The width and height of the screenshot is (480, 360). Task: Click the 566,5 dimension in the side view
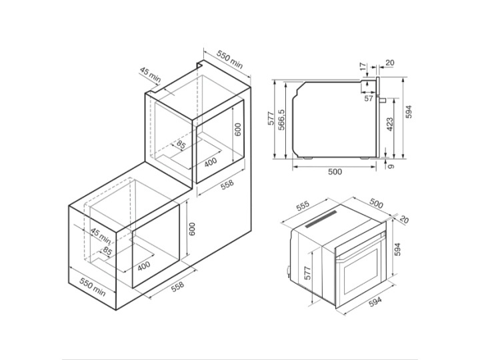(283, 120)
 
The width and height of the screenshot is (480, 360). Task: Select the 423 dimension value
(389, 123)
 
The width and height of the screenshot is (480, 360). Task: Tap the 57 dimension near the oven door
(369, 99)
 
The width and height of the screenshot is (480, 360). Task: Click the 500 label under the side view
(335, 172)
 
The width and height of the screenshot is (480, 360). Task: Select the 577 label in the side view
(271, 119)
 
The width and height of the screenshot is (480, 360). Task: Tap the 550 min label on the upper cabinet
(229, 59)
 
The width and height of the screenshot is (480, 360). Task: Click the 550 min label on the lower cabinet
(93, 288)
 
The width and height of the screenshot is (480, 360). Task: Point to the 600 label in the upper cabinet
(237, 129)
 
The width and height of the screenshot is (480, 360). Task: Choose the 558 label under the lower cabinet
(177, 286)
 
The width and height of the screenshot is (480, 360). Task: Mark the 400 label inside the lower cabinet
(144, 266)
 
